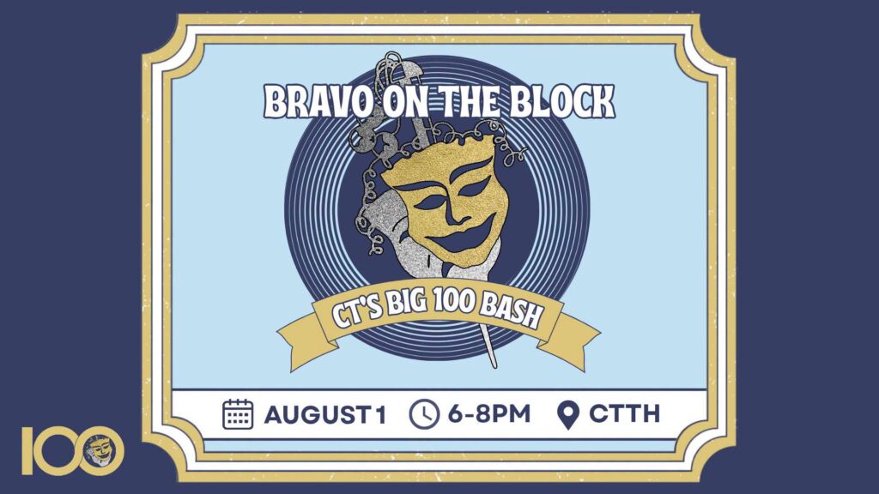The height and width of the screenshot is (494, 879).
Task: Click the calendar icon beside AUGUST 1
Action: (x=238, y=414)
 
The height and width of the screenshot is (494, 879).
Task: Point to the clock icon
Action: (x=424, y=414)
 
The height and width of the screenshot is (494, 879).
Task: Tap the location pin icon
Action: (x=568, y=415)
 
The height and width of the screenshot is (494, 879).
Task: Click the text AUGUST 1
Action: (x=325, y=415)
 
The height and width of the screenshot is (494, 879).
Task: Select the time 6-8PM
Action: (x=488, y=414)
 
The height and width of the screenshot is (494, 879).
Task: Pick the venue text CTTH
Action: (x=624, y=414)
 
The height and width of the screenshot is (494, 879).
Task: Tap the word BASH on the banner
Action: (x=512, y=312)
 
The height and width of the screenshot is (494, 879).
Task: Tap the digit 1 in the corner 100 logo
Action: (x=27, y=450)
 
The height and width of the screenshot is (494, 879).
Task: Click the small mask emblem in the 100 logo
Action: (x=102, y=450)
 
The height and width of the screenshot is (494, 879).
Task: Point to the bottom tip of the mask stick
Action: (x=494, y=366)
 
